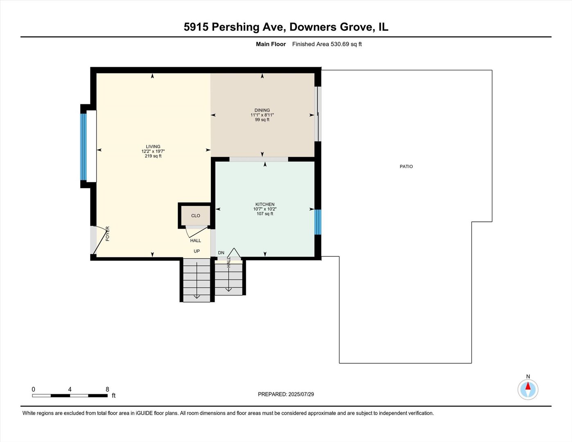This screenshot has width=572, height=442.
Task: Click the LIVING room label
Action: [x=153, y=147]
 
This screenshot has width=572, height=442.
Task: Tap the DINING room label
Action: [x=262, y=110]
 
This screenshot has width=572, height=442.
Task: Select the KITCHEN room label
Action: [x=265, y=204]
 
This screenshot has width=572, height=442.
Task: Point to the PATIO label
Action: [x=406, y=167]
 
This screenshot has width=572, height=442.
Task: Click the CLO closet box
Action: [x=195, y=216]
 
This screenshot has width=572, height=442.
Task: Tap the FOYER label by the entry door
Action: [x=108, y=234]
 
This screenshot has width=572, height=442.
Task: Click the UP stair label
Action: [x=197, y=251]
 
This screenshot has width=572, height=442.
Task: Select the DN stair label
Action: [x=221, y=253]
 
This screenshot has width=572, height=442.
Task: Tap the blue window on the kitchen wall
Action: [x=318, y=222]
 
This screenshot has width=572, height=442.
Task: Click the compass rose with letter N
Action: [x=528, y=389]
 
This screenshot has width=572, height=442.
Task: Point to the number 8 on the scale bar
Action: [x=107, y=390]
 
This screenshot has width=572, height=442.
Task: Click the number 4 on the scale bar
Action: [x=70, y=390]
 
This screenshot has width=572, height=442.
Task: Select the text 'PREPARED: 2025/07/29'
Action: [x=286, y=394]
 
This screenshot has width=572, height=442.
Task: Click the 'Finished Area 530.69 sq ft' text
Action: [x=327, y=44]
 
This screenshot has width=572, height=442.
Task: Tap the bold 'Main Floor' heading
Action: [x=271, y=44]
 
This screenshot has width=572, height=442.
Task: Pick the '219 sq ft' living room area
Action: [x=153, y=156]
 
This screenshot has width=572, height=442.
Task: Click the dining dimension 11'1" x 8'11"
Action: [x=262, y=115]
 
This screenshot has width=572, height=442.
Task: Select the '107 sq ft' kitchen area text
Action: [x=265, y=214]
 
